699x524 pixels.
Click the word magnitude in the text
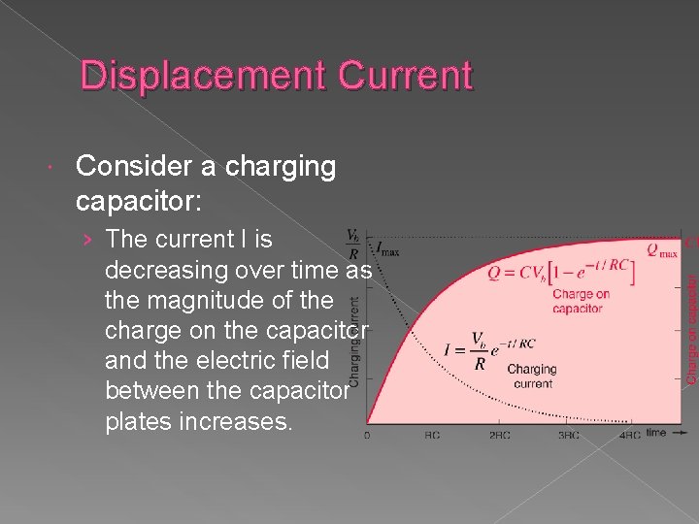pyautogui.click(x=218, y=300)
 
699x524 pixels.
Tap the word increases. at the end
pyautogui.click(x=236, y=424)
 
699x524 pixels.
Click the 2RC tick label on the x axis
pyautogui.click(x=499, y=435)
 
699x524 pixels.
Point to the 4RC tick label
pyautogui.click(x=629, y=435)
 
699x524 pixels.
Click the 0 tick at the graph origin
pyautogui.click(x=367, y=435)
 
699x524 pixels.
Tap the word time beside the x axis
pyautogui.click(x=656, y=432)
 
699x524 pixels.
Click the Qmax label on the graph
pyautogui.click(x=663, y=250)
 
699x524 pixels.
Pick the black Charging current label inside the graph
pyautogui.click(x=532, y=377)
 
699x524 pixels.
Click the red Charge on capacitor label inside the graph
pyautogui.click(x=581, y=301)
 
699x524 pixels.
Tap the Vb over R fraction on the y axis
pyautogui.click(x=355, y=245)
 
